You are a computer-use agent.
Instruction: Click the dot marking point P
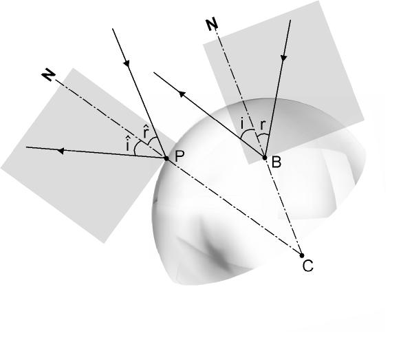[x=166, y=158]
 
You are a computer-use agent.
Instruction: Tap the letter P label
[x=179, y=156]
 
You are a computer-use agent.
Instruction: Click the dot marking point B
[x=265, y=158]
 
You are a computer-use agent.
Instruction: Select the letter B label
[x=276, y=162]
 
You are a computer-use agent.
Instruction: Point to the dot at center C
[x=302, y=255]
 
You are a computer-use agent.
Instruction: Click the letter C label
[x=308, y=266]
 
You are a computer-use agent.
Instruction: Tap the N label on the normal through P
[x=48, y=76]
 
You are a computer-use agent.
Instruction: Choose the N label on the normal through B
[x=212, y=25]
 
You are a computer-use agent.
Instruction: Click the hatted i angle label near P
[x=127, y=144]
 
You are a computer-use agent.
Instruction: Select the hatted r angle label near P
[x=146, y=131]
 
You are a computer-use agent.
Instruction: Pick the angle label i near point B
[x=242, y=124]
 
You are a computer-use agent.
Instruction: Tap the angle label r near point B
[x=262, y=125]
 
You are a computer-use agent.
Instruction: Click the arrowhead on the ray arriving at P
[x=127, y=63]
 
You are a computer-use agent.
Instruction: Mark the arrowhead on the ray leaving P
[x=60, y=151]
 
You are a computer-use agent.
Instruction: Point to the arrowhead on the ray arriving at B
[x=283, y=58]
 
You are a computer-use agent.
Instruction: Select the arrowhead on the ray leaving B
[x=182, y=94]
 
